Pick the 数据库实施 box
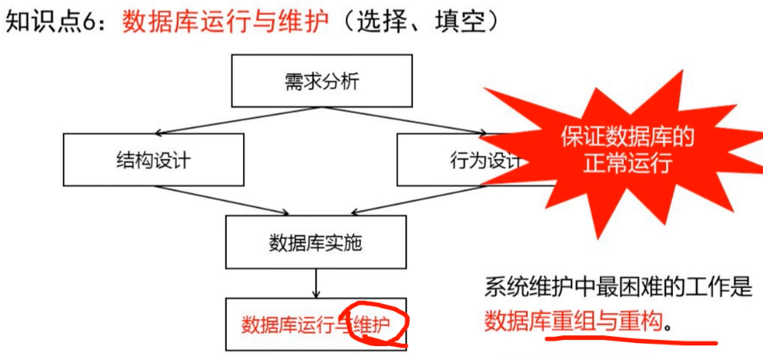click(x=315, y=244)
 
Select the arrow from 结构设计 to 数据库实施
click(x=223, y=201)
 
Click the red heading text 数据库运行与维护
click(x=226, y=22)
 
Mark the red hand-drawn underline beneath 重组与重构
click(x=631, y=339)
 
